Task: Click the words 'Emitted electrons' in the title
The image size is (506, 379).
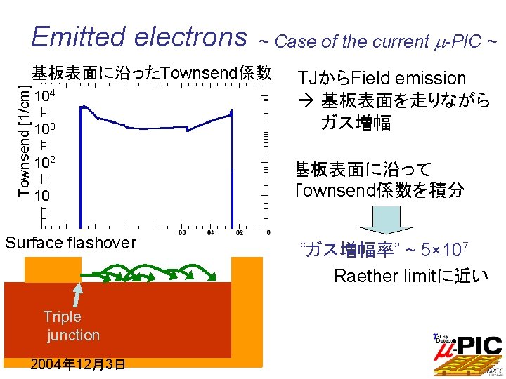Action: click(139, 36)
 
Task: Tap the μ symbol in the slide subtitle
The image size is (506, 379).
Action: click(436, 42)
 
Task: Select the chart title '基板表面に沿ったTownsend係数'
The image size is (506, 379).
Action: click(151, 72)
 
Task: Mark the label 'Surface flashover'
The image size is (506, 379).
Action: click(70, 243)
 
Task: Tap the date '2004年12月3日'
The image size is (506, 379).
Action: click(78, 364)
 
